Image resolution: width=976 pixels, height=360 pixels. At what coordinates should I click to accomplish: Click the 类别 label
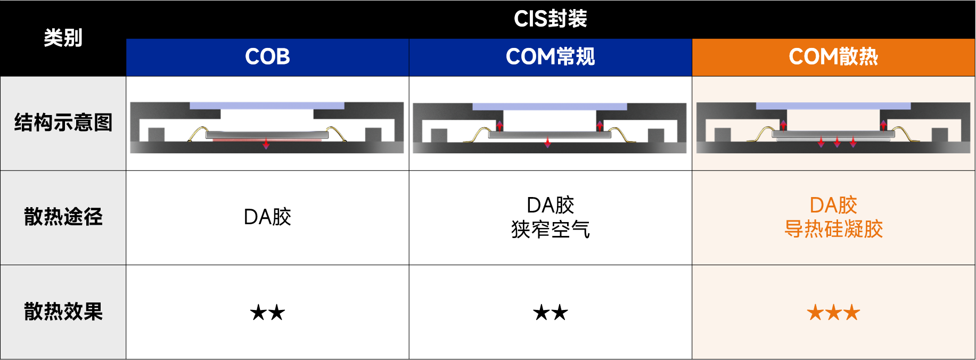coord(63,38)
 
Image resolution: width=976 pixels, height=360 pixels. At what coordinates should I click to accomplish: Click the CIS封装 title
coord(550,19)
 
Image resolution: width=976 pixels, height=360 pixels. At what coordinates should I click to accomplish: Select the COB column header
coord(267,57)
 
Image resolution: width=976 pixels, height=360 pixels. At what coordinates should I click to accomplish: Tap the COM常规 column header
coord(550,57)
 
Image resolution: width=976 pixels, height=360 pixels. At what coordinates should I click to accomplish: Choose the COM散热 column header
coord(833,57)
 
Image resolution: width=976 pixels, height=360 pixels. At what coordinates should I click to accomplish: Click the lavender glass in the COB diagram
coord(267,105)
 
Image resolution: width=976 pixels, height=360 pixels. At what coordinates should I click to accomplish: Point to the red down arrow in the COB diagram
coord(266,144)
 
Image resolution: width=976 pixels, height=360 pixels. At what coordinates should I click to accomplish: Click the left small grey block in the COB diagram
coord(156,134)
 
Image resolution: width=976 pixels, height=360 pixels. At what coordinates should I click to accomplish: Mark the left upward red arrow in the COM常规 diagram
coord(499,126)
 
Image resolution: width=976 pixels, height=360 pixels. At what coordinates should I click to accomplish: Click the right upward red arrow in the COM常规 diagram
coord(600,126)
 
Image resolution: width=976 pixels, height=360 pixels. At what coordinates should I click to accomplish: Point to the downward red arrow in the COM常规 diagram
coord(547,143)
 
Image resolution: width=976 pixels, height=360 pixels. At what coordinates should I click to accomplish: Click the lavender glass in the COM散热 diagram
coord(833,106)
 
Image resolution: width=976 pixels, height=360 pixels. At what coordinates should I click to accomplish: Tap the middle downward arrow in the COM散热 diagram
coord(837,142)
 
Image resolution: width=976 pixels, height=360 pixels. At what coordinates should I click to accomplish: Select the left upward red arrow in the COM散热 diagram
coord(783,125)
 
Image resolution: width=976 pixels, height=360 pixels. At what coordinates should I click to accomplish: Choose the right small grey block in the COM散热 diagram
coord(940,134)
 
